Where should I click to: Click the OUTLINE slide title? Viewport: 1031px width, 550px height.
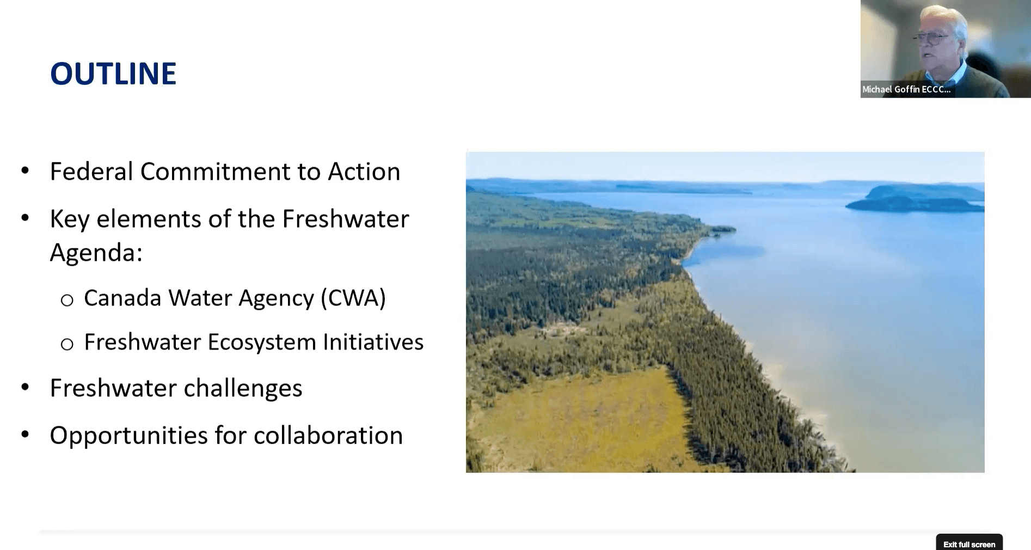(113, 74)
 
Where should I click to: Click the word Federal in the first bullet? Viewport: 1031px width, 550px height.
(91, 172)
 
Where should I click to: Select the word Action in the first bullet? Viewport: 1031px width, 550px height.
(364, 172)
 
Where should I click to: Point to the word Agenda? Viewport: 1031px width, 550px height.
(96, 253)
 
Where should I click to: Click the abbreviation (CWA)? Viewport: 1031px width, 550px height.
(353, 298)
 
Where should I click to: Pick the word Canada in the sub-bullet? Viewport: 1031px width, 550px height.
(122, 298)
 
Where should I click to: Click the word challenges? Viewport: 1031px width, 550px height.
(243, 388)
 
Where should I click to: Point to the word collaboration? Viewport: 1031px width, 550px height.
(328, 436)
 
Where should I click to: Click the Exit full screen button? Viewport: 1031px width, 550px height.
(969, 543)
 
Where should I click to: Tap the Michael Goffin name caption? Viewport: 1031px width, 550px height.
(906, 89)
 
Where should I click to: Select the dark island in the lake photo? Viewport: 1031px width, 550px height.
(915, 198)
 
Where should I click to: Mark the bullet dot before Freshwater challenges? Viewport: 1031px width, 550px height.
(25, 387)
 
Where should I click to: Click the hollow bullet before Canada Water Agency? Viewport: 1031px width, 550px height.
(67, 300)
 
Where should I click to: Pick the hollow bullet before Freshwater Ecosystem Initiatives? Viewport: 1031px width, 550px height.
(67, 344)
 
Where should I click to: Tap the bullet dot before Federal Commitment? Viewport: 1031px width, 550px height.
(25, 171)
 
